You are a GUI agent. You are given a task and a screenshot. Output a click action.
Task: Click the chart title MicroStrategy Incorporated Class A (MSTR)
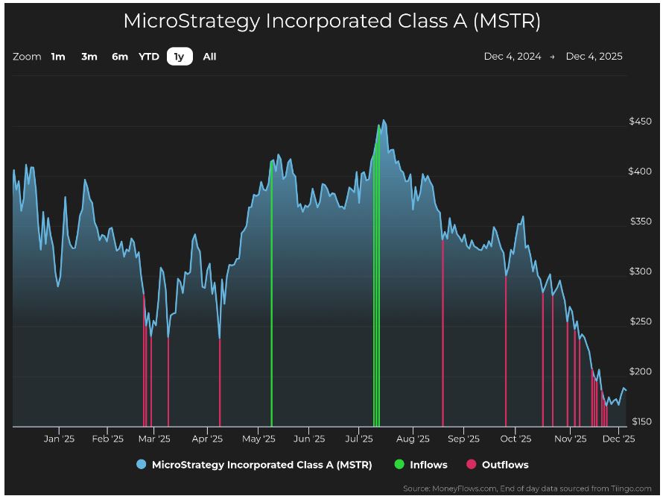tap(331, 21)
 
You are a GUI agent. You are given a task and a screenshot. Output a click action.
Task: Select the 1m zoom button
tap(58, 57)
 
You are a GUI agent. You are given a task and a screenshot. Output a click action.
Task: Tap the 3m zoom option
tap(89, 57)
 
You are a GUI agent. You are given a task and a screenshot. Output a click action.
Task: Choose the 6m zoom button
tap(120, 57)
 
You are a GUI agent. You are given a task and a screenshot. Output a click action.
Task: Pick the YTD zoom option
tap(149, 57)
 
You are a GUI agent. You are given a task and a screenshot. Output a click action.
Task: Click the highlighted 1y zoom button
tap(180, 57)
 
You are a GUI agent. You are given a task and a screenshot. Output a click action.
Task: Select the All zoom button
tap(209, 57)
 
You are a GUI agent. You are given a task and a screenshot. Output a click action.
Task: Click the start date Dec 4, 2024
tap(513, 57)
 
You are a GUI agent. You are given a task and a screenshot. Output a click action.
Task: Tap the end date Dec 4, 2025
tap(594, 57)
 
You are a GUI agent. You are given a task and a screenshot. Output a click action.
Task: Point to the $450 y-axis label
tap(640, 122)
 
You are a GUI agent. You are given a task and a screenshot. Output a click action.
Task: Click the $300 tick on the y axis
tap(640, 271)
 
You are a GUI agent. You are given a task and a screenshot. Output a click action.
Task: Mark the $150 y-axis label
tap(640, 422)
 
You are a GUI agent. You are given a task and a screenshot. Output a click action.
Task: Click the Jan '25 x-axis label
tap(59, 439)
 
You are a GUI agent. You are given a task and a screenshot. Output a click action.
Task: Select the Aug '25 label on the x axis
tap(413, 439)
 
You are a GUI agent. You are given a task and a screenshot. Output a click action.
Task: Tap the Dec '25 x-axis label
tap(618, 439)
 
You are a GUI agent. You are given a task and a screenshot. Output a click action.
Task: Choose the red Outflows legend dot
tap(471, 465)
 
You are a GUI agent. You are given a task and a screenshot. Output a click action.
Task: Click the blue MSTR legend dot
tap(142, 465)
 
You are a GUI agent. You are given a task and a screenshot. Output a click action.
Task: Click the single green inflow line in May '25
tap(271, 298)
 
